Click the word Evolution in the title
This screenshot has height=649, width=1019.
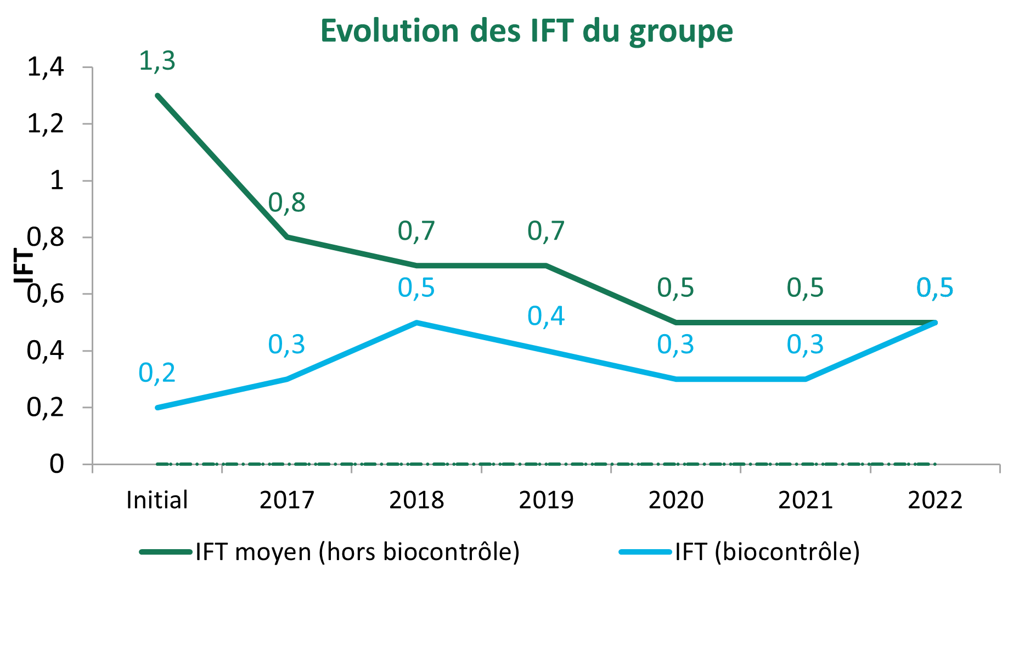(x=390, y=31)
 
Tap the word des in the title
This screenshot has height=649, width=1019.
(x=496, y=31)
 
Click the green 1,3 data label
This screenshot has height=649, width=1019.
(x=157, y=61)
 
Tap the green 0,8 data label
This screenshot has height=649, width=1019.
(x=286, y=204)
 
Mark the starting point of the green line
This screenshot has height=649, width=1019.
(x=157, y=95)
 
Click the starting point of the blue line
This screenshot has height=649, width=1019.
(x=157, y=407)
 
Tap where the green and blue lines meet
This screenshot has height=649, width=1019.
(x=935, y=323)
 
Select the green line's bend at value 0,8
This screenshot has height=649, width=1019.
(x=287, y=237)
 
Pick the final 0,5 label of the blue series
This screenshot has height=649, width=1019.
(x=935, y=288)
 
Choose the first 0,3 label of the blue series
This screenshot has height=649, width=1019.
(x=286, y=345)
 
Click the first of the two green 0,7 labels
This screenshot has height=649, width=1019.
(x=416, y=232)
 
